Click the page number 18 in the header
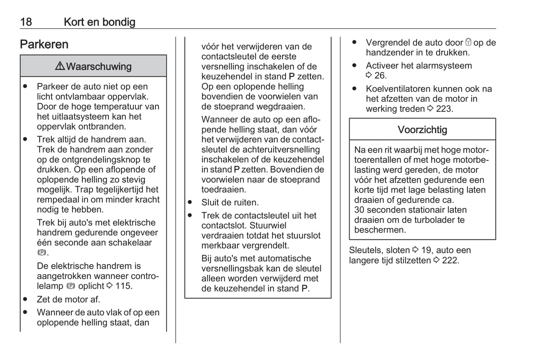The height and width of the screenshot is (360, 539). tap(26, 22)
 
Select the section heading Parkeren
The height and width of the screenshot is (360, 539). tap(44, 44)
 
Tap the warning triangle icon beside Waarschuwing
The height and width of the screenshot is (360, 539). tap(60, 66)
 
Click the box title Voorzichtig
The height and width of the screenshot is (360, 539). tap(422, 130)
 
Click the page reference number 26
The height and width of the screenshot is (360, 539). tap(380, 76)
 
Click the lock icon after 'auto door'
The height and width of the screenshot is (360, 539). tap(469, 43)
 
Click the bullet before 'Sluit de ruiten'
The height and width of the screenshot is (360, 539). tap(190, 202)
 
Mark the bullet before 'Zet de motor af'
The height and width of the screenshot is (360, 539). tap(25, 299)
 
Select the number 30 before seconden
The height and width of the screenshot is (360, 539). tap(360, 210)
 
